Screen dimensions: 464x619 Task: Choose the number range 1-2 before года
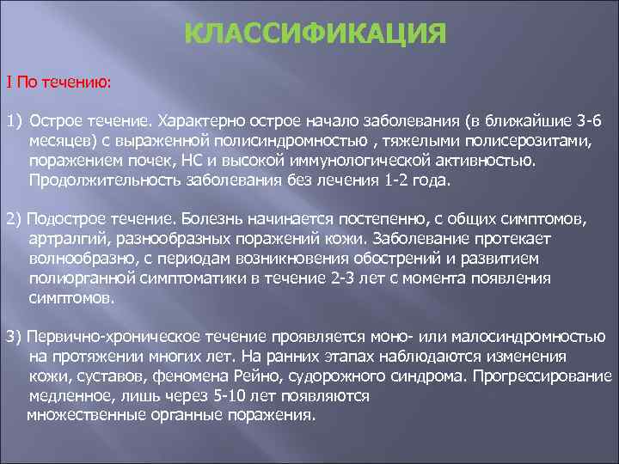(401, 180)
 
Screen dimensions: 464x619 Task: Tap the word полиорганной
(77, 278)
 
